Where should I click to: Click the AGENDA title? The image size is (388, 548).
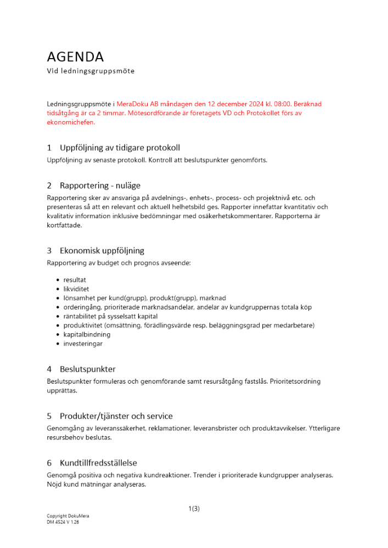[75, 57]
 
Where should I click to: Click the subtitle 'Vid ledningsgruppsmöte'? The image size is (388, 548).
[91, 71]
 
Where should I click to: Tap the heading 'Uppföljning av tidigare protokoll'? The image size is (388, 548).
[120, 148]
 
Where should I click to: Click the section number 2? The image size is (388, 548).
[49, 186]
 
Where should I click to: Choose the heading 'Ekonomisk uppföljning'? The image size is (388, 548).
[102, 250]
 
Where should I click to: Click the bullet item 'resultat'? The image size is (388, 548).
[75, 279]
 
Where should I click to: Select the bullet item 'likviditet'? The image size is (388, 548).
[76, 289]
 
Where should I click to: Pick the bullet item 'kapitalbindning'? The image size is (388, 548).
[87, 334]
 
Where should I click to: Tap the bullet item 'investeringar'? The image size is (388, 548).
[83, 344]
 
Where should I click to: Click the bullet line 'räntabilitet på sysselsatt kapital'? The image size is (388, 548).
[110, 316]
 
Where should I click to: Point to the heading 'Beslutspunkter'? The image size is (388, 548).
[88, 369]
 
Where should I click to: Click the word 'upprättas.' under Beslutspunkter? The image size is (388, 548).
[62, 391]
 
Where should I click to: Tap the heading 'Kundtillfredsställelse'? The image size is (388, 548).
[99, 463]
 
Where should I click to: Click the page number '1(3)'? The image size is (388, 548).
[194, 509]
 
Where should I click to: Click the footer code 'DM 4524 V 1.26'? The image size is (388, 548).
[63, 522]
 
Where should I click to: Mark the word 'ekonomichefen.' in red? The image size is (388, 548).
[71, 122]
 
